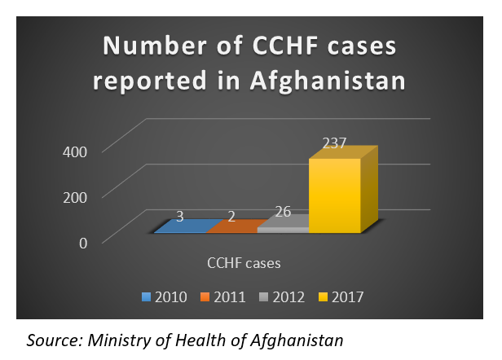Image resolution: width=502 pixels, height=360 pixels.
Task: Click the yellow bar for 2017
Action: coord(335,195)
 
